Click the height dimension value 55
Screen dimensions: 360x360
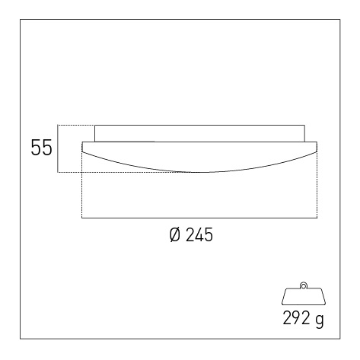(41, 148)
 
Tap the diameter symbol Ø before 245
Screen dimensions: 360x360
(175, 234)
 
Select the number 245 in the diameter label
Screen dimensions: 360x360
(199, 234)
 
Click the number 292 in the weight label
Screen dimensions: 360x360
(296, 318)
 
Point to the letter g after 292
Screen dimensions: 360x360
(320, 320)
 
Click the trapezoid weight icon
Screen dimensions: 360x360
(304, 296)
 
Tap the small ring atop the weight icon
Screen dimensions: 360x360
(304, 285)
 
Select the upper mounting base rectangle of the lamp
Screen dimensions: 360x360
(199, 133)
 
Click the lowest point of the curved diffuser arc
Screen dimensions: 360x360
(200, 173)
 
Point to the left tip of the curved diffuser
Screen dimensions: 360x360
(82, 151)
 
